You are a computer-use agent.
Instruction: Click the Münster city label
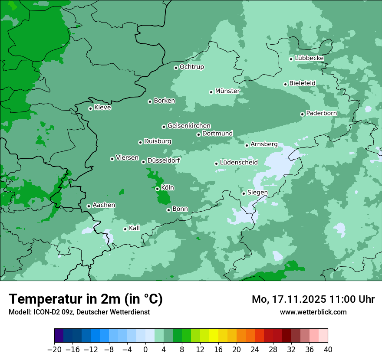click(227, 91)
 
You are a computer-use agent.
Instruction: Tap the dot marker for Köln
click(157, 189)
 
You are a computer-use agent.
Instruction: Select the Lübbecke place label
click(309, 58)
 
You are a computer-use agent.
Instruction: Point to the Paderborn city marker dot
click(302, 114)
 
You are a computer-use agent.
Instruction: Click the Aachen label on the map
click(104, 205)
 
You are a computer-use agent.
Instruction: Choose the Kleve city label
click(102, 108)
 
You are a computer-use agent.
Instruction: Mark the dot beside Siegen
click(244, 193)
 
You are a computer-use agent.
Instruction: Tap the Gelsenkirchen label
click(189, 126)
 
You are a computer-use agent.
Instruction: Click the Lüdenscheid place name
click(239, 163)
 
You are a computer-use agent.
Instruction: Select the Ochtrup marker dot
click(176, 68)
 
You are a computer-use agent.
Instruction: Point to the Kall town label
click(135, 228)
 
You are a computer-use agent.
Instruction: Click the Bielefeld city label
click(302, 83)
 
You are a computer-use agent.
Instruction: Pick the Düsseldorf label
click(163, 160)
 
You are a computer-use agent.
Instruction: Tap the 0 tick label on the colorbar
click(145, 350)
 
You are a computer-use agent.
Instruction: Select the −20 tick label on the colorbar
click(54, 350)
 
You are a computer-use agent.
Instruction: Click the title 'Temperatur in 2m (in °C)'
click(86, 299)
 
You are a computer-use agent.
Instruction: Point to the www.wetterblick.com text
click(313, 312)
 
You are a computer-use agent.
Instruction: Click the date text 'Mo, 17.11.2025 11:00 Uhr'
click(313, 299)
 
